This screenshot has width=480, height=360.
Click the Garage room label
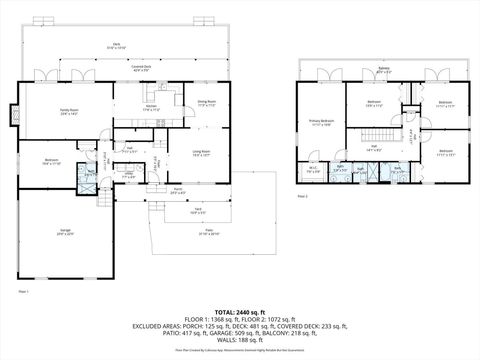point(63,230)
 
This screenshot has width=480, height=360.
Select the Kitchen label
point(151,107)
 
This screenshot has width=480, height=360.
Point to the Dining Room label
point(206,103)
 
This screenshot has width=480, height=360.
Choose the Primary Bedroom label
point(321,121)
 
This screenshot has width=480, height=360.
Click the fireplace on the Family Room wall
point(13,113)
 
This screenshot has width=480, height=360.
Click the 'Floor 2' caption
point(302,197)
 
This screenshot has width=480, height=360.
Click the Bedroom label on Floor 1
point(51,160)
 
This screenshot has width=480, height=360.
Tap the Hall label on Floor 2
point(374,148)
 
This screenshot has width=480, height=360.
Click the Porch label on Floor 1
point(176,191)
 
